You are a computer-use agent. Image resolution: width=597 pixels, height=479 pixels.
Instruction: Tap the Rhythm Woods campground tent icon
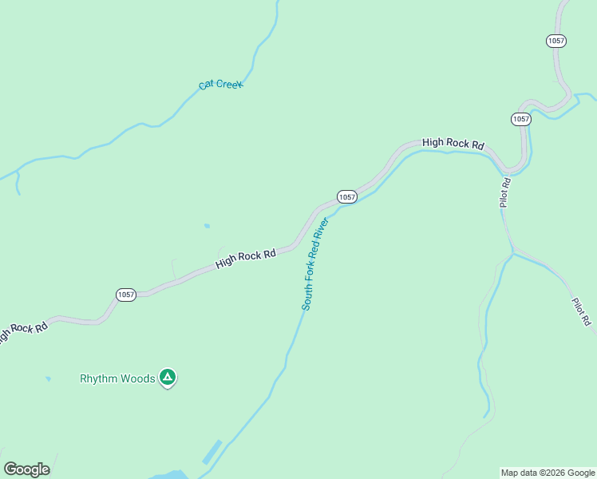click(x=167, y=377)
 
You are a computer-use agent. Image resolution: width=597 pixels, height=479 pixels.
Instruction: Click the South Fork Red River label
click(x=315, y=263)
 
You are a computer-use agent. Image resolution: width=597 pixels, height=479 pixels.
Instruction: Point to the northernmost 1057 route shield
click(x=556, y=41)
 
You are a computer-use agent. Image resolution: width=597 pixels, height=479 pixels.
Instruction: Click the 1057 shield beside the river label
click(x=346, y=196)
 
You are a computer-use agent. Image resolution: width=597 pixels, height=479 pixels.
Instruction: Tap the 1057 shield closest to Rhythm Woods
click(x=126, y=295)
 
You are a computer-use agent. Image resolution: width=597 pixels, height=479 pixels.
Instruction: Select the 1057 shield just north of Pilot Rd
click(x=520, y=119)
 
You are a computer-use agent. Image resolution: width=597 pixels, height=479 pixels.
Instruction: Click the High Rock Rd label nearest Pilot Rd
click(x=453, y=144)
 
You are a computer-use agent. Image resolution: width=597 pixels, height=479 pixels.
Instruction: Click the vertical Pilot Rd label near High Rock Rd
click(x=504, y=192)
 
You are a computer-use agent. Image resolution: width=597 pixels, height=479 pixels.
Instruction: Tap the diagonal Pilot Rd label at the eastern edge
click(x=580, y=311)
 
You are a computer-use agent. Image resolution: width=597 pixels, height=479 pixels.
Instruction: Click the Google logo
click(x=26, y=469)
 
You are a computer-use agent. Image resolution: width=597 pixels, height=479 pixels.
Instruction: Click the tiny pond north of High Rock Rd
click(x=207, y=226)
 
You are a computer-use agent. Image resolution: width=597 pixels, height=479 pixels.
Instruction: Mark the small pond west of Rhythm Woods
click(x=48, y=378)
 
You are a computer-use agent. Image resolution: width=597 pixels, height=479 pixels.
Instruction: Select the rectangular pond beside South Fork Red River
click(x=212, y=451)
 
